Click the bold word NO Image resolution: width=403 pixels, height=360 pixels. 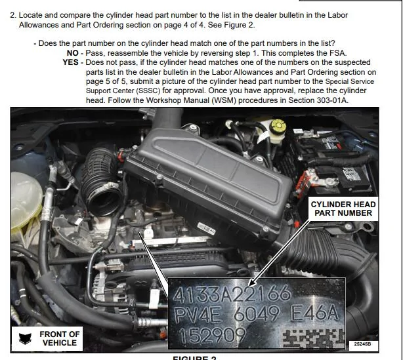pos(72,53)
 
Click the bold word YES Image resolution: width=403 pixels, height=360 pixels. pos(70,62)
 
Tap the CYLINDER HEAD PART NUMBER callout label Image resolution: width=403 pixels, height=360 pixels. pos(343,209)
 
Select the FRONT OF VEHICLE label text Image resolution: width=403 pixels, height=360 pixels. pos(60,338)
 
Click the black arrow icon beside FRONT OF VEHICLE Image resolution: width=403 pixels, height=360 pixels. pos(25,338)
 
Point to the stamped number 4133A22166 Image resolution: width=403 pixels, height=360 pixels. pos(232,294)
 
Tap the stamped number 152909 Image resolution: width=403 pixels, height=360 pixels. pos(212,336)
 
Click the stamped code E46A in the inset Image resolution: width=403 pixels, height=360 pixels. pos(314,313)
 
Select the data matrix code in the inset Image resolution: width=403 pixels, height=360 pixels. pos(313,338)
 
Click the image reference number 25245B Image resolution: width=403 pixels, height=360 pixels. pos(362,344)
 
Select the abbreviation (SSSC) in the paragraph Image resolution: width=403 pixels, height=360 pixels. pos(148,91)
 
